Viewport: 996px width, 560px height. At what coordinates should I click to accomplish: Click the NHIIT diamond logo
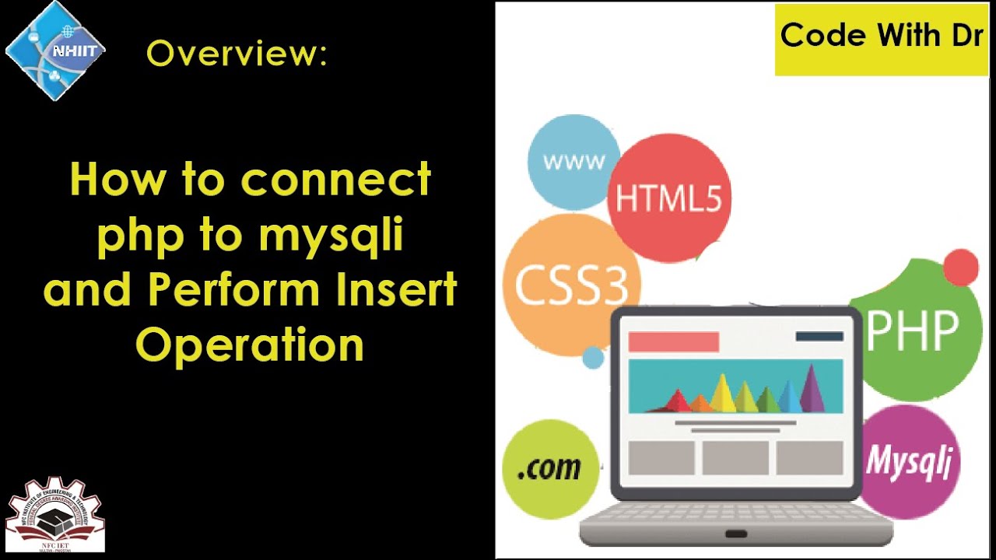[54, 51]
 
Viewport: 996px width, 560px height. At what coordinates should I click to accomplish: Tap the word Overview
[237, 54]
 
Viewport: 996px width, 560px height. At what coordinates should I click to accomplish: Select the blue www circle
[573, 161]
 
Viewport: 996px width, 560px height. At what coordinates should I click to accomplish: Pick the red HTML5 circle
[668, 198]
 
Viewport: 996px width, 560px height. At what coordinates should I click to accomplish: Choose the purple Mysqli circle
[910, 460]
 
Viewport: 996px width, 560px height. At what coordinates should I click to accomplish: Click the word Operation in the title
[250, 345]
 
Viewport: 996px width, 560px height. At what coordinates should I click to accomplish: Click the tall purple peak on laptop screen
[812, 388]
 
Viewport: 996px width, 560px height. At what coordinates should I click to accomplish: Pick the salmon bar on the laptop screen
[673, 341]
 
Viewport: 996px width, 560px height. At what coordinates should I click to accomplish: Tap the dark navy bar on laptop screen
[819, 337]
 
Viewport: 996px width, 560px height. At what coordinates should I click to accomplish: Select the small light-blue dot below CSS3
[593, 358]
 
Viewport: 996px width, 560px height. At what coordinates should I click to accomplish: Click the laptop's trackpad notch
[735, 534]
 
